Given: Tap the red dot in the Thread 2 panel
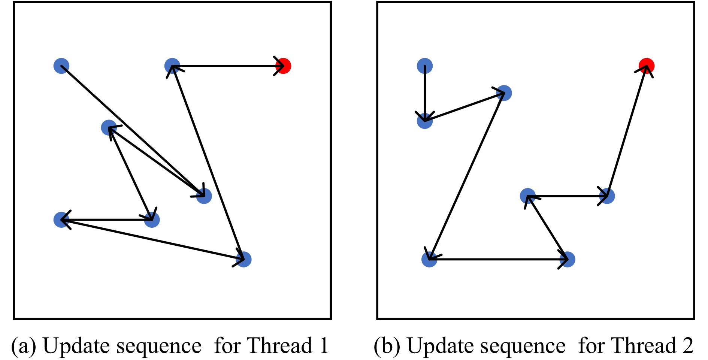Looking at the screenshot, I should pos(647,66).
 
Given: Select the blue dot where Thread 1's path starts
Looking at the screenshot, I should pos(61,66).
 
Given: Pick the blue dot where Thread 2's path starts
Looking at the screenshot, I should pos(425,66).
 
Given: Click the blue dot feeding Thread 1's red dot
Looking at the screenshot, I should pos(172,66).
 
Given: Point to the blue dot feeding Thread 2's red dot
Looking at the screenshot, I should pos(607,196).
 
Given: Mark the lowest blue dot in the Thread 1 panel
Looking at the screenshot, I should pos(244,259).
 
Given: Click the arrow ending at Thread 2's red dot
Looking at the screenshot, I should pos(627,131).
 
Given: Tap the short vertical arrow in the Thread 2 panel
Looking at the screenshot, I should pos(425,94).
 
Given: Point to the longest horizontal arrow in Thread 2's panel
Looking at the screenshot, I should pos(498,259).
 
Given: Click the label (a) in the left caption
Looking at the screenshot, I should pos(23,345).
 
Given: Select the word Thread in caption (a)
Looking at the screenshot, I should pos(280,345).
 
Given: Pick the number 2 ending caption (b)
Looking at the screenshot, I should pos(688,345).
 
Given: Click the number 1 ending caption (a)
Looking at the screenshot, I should pos(324,345).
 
